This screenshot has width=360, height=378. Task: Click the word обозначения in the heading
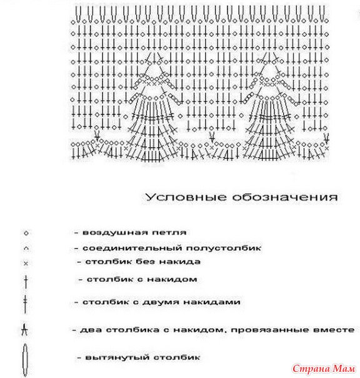tap(285, 197)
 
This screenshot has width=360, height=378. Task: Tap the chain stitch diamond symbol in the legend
tap(26, 233)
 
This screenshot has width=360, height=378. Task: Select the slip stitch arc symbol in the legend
tap(26, 248)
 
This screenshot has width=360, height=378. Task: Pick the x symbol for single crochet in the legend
tap(26, 263)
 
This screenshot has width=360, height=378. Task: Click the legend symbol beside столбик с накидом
tap(26, 282)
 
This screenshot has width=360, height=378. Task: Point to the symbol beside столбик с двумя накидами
tap(25, 304)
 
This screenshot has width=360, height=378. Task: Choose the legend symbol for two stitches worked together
tap(24, 330)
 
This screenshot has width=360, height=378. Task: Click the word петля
tap(169, 233)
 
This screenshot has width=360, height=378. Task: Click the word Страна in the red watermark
tap(311, 369)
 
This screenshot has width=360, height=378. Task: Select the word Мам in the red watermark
tap(344, 369)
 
